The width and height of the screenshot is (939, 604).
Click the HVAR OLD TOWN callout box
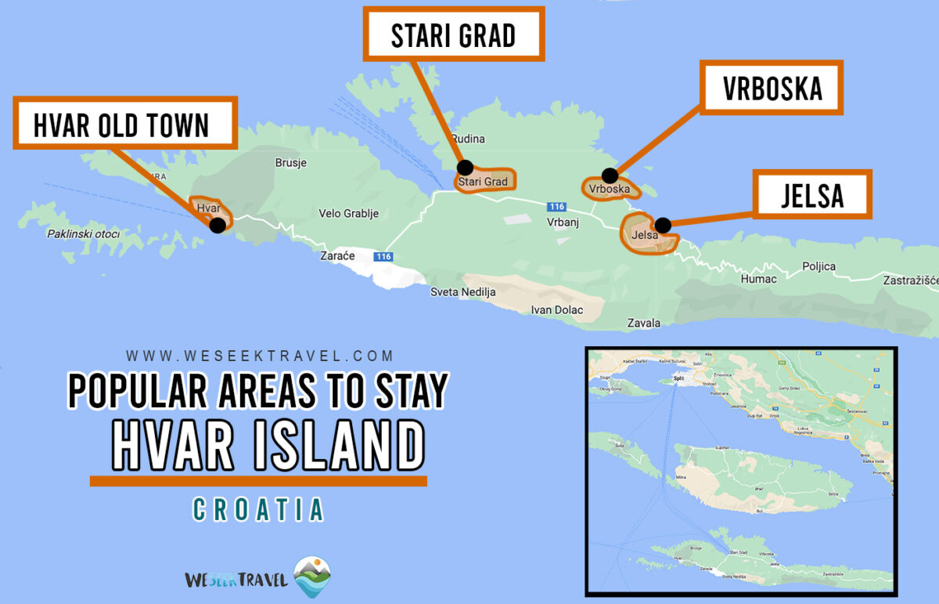124,124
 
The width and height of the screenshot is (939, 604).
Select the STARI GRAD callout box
453,34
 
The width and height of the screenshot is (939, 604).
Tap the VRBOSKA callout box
772,88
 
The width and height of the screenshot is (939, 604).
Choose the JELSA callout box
812,194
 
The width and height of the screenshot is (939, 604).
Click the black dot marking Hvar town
218,225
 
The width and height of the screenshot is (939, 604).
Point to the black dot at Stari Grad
465,167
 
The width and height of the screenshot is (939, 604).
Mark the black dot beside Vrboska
609,175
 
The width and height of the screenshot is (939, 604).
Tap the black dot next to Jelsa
663,226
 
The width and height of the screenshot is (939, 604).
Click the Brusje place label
291,163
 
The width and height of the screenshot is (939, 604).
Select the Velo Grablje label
349,213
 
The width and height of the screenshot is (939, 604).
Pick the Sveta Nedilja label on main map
463,292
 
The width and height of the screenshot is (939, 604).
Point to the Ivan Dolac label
556,309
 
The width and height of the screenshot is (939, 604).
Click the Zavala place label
644,323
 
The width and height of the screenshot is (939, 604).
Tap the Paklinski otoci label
83,233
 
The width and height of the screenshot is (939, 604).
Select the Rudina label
468,139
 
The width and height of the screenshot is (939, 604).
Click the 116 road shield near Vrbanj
556,207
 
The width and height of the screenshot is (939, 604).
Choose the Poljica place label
818,266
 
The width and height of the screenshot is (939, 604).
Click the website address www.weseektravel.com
261,356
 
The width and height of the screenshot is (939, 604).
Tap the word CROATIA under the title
258,509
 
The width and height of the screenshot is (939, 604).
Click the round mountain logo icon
312,577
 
